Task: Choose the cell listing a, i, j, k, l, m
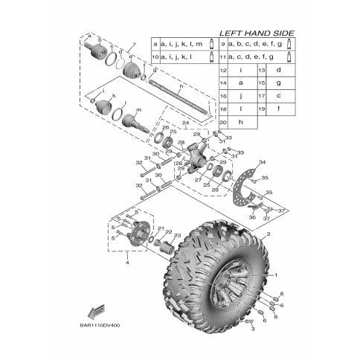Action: click(x=181, y=44)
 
